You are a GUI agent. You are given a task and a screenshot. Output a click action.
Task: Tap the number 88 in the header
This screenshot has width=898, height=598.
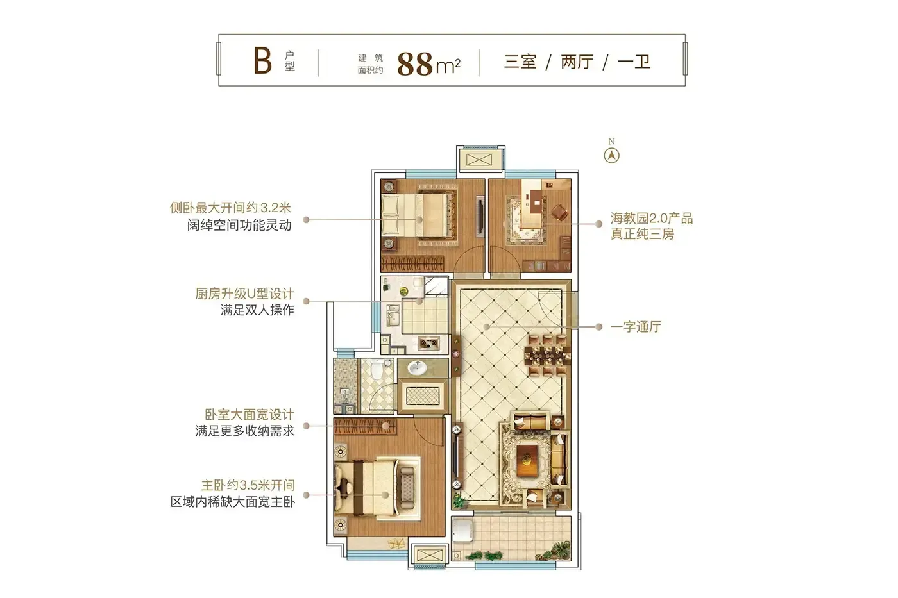pyautogui.click(x=415, y=64)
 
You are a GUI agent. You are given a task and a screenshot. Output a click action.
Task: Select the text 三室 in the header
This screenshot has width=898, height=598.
pyautogui.click(x=520, y=62)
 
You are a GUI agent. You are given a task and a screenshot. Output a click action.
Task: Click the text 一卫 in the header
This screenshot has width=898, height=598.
pyautogui.click(x=634, y=62)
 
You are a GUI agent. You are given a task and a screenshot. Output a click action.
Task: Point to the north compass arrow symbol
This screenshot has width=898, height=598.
pyautogui.click(x=611, y=155)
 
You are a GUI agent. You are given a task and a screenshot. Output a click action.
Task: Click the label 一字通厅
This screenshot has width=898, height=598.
pyautogui.click(x=636, y=327)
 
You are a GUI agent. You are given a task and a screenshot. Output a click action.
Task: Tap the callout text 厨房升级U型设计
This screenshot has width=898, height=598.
pyautogui.click(x=244, y=294)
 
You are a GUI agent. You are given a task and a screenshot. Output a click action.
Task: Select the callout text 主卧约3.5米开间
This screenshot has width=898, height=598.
pyautogui.click(x=248, y=485)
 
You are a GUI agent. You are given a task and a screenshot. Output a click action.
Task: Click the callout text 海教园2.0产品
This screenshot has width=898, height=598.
pyautogui.click(x=652, y=219)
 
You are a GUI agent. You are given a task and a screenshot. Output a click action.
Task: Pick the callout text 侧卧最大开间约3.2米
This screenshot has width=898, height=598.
pyautogui.click(x=230, y=208)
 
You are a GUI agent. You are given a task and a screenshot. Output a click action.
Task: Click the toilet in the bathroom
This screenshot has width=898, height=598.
pyautogui.click(x=377, y=369)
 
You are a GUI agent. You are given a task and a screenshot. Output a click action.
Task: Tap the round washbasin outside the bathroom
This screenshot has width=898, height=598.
pyautogui.click(x=418, y=368)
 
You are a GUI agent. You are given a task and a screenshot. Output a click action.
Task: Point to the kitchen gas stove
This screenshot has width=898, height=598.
pyautogui.click(x=429, y=343)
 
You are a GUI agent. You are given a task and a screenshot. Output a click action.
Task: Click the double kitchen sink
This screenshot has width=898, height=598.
pyautogui.click(x=393, y=315)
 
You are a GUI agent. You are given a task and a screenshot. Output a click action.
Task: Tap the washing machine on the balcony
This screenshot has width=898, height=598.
pyautogui.click(x=463, y=530)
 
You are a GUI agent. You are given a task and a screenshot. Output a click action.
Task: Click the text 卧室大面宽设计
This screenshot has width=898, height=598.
pyautogui.click(x=250, y=414)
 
